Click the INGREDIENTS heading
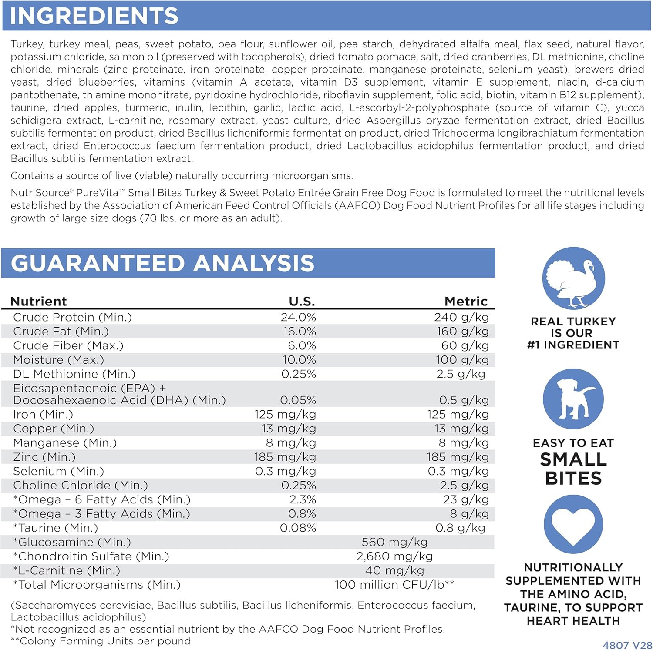(94, 16)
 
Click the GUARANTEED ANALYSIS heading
(162, 263)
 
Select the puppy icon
(573, 399)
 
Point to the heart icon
(573, 524)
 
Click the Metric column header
(466, 301)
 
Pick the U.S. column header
(302, 301)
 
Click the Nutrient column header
(38, 301)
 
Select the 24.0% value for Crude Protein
(298, 317)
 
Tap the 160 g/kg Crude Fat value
(462, 332)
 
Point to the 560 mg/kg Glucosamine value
(394, 542)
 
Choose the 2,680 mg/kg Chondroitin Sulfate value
(394, 556)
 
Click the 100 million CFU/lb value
(394, 585)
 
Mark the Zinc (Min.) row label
(44, 457)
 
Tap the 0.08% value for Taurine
(298, 528)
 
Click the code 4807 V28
(627, 645)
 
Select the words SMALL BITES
(573, 469)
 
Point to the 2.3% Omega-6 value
(303, 499)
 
